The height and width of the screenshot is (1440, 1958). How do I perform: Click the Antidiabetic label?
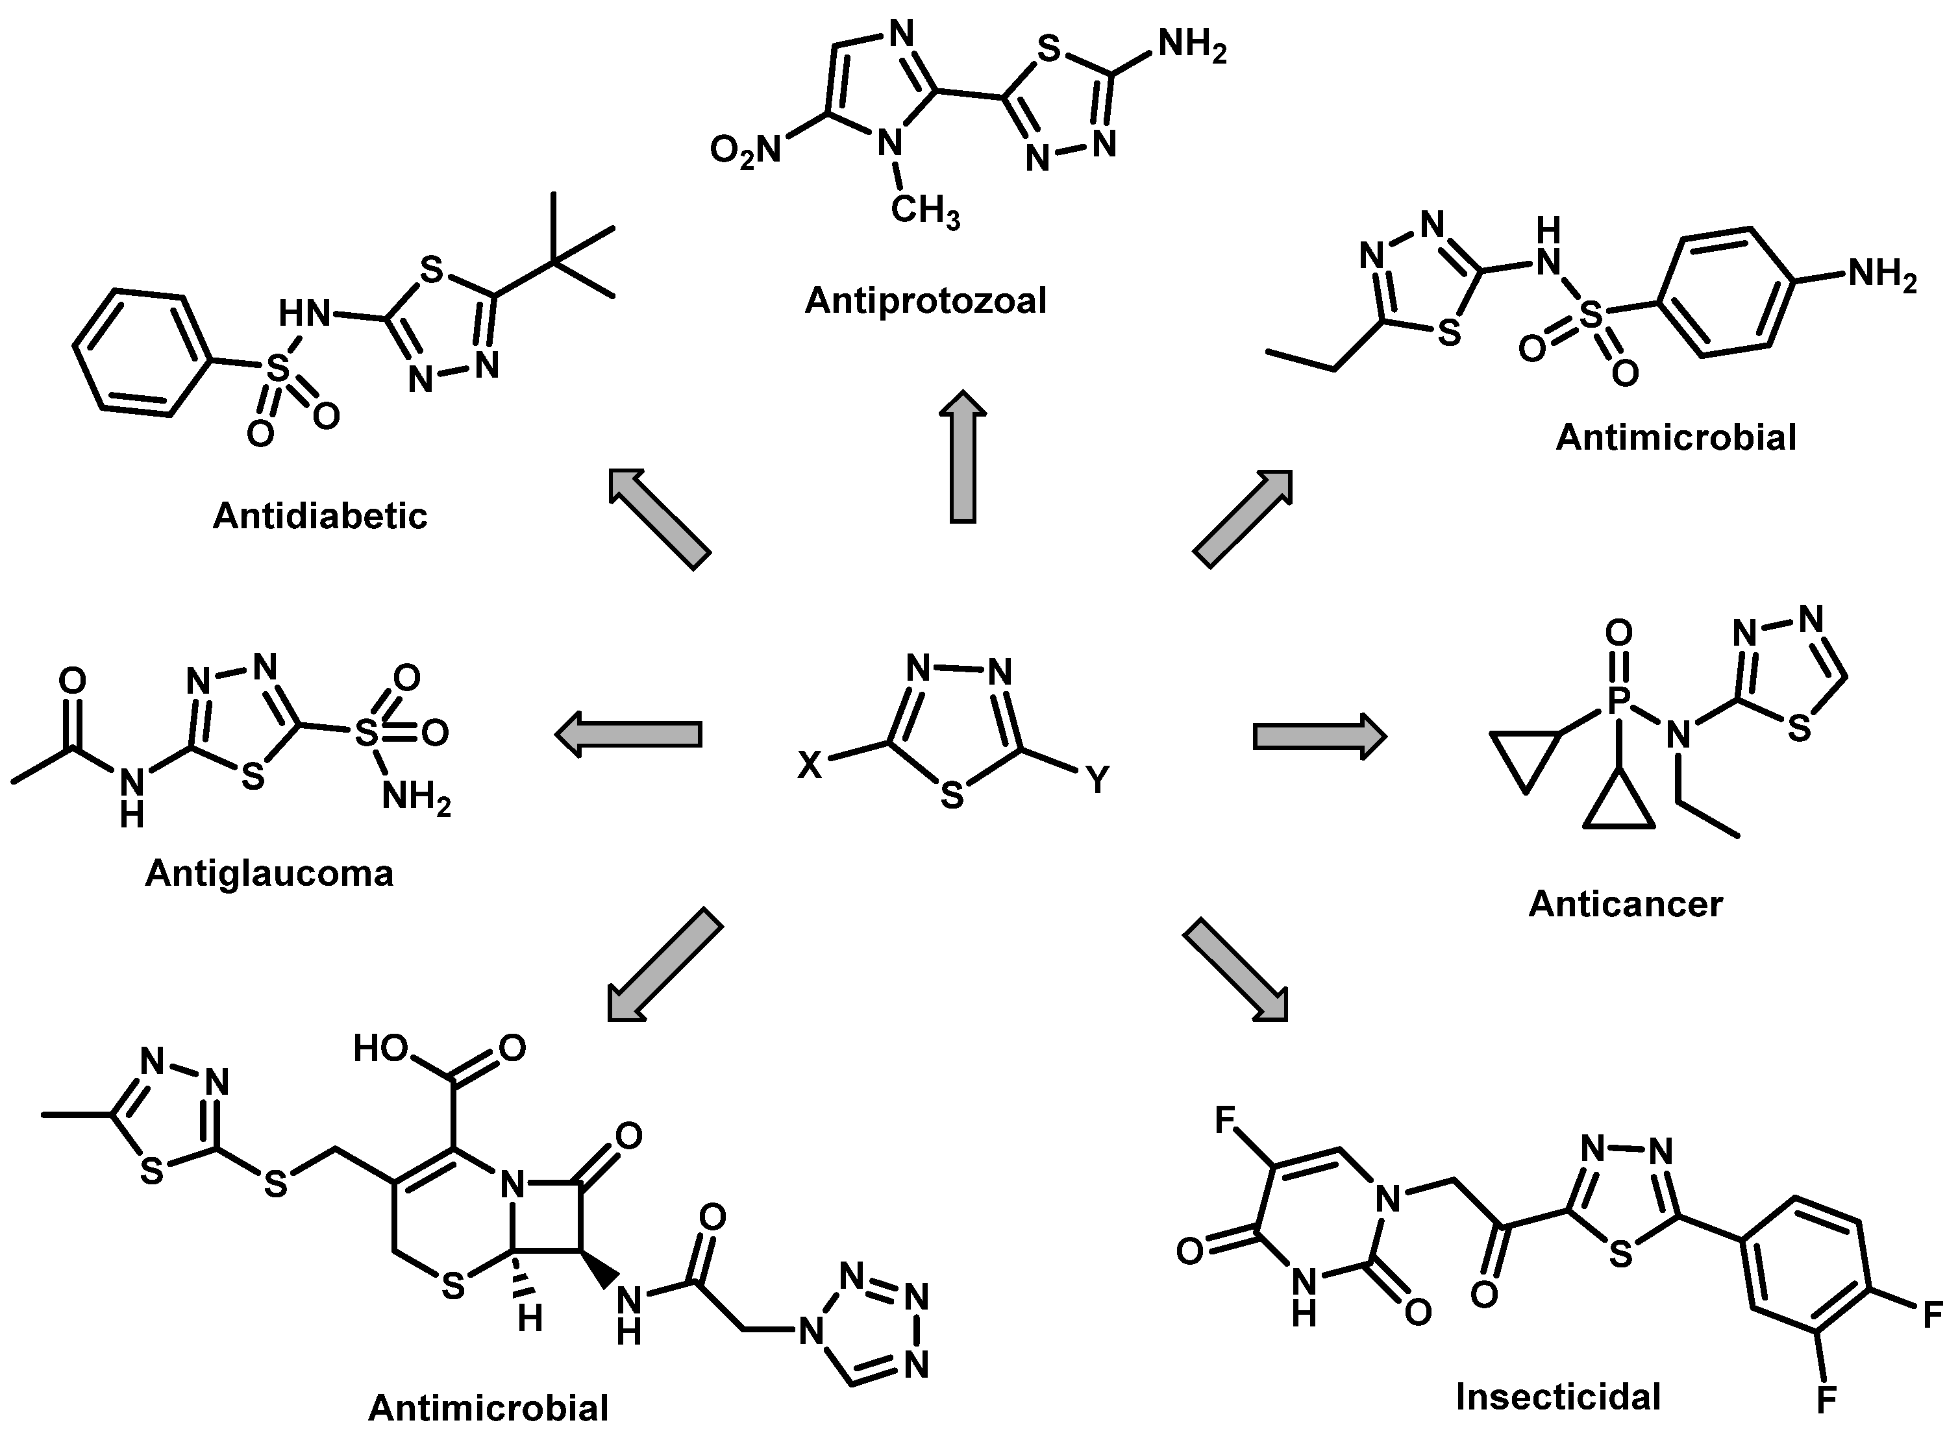click(x=320, y=516)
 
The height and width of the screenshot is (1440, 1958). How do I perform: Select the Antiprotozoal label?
click(x=925, y=300)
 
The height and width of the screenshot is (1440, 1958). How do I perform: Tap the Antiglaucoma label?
click(x=269, y=873)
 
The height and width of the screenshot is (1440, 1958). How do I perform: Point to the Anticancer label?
click(x=1625, y=904)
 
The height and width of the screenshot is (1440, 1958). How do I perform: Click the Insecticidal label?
click(x=1558, y=1397)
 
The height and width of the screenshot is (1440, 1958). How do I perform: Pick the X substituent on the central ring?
click(x=810, y=765)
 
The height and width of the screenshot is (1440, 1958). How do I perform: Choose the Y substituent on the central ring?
click(x=1098, y=779)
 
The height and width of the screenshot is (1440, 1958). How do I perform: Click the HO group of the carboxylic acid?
click(x=381, y=1049)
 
